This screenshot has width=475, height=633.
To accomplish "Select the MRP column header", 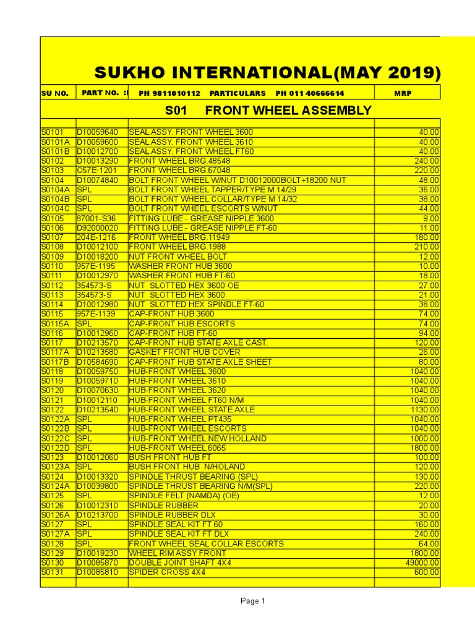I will (x=402, y=93).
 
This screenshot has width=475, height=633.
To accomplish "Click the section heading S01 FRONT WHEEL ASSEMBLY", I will (x=268, y=111).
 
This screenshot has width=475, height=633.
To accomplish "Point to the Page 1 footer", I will (x=252, y=601).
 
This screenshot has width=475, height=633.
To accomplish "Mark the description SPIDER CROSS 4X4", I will (x=167, y=572).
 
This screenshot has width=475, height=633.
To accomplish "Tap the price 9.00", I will (x=430, y=218).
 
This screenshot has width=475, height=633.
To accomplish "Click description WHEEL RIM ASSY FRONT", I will (x=177, y=553).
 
